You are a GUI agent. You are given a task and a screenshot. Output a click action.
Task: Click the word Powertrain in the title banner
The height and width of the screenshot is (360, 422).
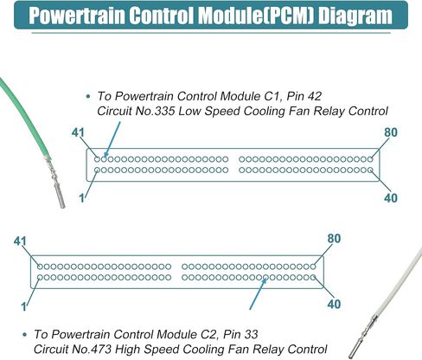[x=77, y=16]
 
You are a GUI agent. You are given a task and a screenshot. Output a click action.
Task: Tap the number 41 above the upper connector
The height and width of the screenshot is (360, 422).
[x=78, y=132]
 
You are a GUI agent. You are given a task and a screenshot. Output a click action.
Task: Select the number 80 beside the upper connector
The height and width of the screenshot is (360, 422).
[x=391, y=132]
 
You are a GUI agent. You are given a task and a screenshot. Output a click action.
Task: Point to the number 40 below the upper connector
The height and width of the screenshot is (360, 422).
[x=391, y=198]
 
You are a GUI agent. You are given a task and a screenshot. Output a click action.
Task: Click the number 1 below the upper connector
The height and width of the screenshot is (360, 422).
[x=82, y=198]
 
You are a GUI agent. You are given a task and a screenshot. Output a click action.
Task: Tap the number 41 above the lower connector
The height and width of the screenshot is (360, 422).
[x=20, y=241]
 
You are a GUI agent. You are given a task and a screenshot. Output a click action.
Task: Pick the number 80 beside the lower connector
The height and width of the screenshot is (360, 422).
[x=334, y=239]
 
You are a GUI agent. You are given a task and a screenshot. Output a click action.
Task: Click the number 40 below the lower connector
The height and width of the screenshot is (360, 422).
[x=334, y=304]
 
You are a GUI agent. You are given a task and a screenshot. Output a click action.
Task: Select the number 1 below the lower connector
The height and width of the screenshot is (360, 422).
[x=24, y=306]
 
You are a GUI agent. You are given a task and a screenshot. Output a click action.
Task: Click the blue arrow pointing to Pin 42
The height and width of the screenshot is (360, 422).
[x=112, y=140]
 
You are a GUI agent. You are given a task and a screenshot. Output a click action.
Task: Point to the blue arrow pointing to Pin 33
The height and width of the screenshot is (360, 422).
[x=258, y=293]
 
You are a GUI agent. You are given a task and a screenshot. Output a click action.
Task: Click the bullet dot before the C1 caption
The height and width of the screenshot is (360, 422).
[x=88, y=96]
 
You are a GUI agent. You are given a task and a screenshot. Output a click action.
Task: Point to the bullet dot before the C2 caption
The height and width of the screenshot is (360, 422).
[x=25, y=334]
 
